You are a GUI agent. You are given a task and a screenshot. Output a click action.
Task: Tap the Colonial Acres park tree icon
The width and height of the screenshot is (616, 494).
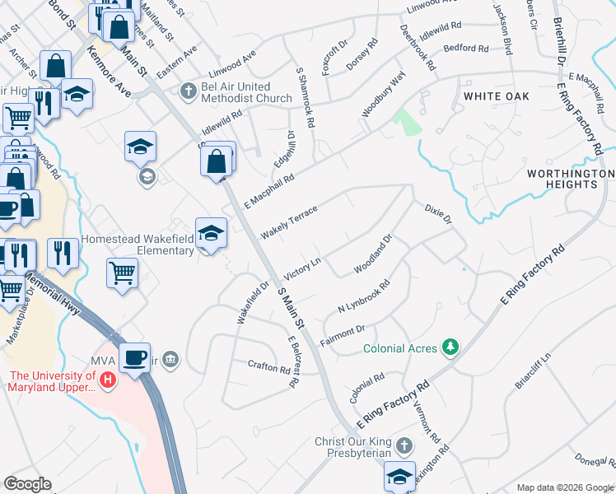coord(450,348)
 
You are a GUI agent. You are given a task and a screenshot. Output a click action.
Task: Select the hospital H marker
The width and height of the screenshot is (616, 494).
coord(108,380)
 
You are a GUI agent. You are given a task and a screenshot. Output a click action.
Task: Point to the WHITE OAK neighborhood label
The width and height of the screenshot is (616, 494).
coord(494,96)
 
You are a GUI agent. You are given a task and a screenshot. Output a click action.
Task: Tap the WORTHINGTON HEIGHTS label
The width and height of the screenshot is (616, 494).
coord(571,179)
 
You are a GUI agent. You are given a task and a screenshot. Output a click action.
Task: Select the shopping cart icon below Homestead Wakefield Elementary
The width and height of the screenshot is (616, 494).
coord(123,273)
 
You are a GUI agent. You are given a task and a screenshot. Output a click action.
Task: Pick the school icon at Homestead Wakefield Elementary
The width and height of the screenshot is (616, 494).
coord(211,233)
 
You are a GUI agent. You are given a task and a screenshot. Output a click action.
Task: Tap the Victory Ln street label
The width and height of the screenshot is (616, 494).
coord(301,269)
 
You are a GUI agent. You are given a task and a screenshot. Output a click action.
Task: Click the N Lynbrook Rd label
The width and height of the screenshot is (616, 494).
coord(363,296)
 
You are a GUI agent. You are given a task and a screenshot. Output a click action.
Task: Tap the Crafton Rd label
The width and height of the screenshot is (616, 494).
coord(270,366)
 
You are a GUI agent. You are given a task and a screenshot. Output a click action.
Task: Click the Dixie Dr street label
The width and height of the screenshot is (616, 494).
coord(438,215)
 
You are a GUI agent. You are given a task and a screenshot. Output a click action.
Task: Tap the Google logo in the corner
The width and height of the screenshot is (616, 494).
coord(27,484)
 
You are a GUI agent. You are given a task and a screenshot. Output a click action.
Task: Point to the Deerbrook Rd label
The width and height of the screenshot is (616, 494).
coord(418,46)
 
